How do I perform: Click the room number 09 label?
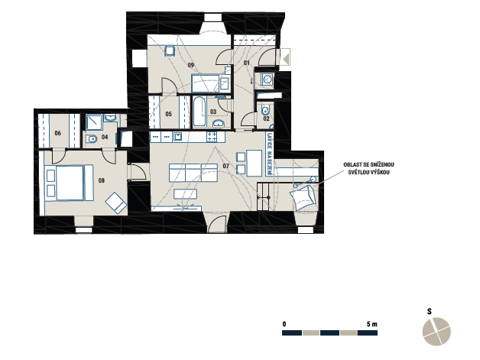click(191, 65)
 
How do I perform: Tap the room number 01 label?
click(246, 63)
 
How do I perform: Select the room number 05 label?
click(168, 114)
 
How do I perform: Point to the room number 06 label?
click(57, 133)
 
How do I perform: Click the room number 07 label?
click(226, 166)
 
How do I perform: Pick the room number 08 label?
click(102, 180)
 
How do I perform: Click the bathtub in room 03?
click(199, 112)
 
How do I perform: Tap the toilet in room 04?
click(91, 139)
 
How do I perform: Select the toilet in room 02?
click(265, 109)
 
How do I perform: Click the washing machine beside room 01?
click(268, 79)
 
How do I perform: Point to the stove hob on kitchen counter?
click(212, 136)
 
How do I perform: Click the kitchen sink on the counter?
click(177, 137)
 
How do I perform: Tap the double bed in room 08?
click(70, 183)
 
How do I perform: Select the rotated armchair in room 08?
click(116, 203)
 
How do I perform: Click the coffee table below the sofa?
click(185, 194)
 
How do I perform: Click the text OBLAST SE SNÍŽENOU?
click(368, 164)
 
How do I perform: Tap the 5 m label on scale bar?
click(372, 324)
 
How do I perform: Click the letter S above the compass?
click(430, 312)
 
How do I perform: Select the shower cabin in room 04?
click(94, 122)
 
